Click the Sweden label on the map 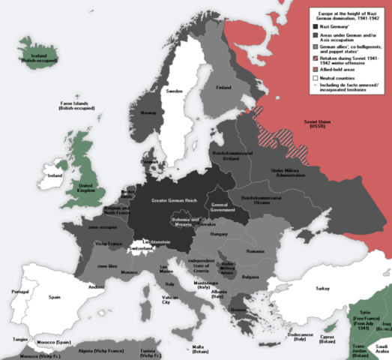point(175,91)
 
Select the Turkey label point(322,289)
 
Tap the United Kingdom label point(88,188)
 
